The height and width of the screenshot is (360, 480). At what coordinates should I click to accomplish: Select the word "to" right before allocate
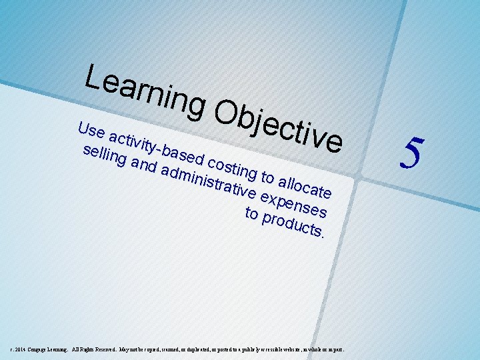pos(267,176)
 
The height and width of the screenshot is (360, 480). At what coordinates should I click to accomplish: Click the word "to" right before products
pos(252,213)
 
